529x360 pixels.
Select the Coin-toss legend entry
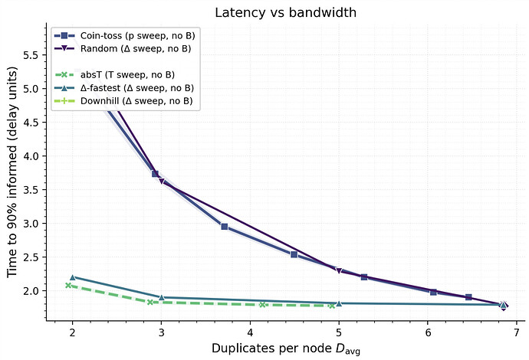point(123,36)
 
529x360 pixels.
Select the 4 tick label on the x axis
point(250,334)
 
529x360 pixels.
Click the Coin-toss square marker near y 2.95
point(224,227)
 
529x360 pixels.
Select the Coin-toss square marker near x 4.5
point(294,254)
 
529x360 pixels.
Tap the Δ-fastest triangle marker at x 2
point(73,277)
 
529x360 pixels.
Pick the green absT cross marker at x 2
point(68,285)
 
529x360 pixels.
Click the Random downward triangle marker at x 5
point(339,270)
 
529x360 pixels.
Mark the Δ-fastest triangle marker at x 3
point(161,296)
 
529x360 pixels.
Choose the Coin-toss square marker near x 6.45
point(468,297)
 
